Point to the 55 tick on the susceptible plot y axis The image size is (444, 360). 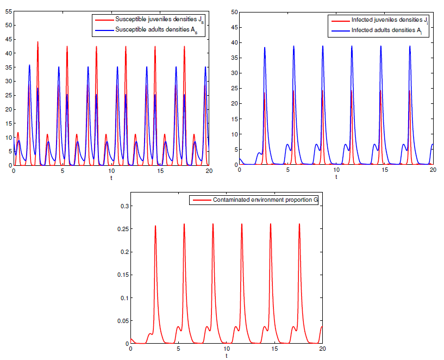[x=8, y=11]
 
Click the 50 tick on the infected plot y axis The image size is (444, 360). [x=234, y=11]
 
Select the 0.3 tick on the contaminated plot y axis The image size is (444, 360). [x=123, y=206]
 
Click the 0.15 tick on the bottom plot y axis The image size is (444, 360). [x=122, y=275]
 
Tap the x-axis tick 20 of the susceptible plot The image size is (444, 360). [x=208, y=171]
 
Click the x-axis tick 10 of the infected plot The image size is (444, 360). [x=336, y=171]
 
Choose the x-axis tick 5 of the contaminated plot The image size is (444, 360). [x=178, y=349]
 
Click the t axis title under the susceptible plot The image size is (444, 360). [x=111, y=178]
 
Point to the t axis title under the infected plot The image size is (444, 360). [x=336, y=178]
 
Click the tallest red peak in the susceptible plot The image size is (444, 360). [x=37, y=42]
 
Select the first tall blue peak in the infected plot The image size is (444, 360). [x=265, y=47]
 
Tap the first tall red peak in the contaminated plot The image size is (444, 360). [x=155, y=226]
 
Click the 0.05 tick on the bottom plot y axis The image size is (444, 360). [x=122, y=321]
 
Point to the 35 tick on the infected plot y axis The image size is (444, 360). [x=234, y=58]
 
